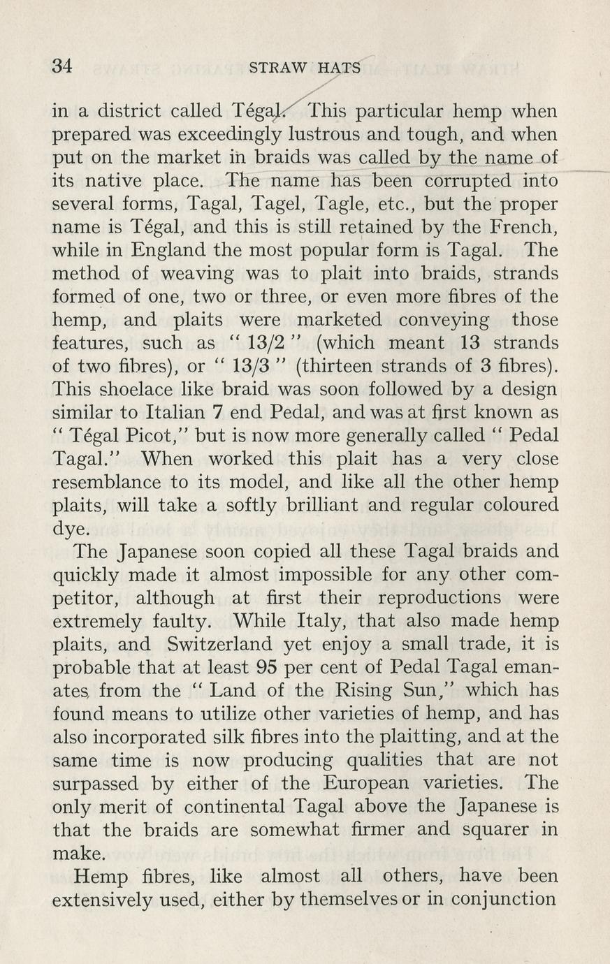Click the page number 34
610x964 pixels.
click(62, 66)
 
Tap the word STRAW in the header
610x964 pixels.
click(278, 68)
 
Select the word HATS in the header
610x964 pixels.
click(339, 68)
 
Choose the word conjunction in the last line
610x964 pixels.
click(501, 899)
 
